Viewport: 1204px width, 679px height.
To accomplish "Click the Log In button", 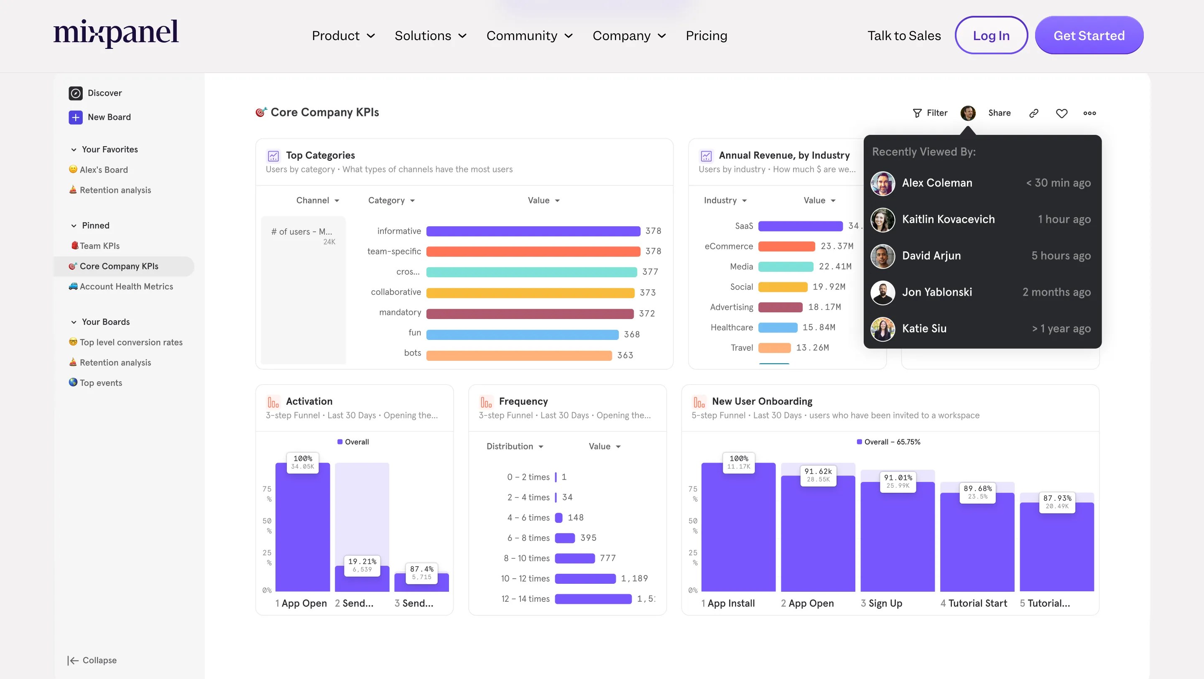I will [991, 35].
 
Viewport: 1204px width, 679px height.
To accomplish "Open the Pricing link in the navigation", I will [706, 35].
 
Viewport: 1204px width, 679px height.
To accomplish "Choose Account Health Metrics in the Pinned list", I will [126, 286].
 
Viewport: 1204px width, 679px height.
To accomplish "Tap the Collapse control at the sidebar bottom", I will [92, 660].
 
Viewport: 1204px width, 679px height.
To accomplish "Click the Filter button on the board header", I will [930, 113].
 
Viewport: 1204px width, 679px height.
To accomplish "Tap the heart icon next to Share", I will [1061, 113].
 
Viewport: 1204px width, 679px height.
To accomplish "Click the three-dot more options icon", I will [1089, 113].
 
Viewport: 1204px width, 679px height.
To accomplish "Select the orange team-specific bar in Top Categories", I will [533, 251].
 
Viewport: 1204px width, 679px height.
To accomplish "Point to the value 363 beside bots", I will [625, 355].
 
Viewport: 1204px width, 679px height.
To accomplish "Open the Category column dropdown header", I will [391, 200].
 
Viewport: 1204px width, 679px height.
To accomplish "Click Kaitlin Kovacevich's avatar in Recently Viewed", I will [883, 220].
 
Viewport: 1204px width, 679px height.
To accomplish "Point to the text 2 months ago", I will [1056, 292].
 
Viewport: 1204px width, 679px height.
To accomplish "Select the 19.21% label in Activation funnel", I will [362, 565].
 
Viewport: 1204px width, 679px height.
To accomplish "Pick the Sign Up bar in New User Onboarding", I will [898, 537].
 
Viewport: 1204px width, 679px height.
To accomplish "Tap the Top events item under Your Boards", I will [100, 383].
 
